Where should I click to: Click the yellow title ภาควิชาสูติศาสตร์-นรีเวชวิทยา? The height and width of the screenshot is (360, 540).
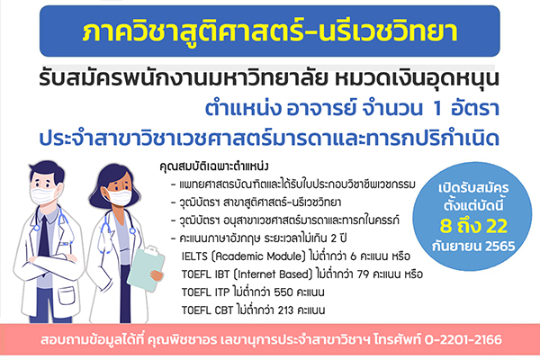click(x=270, y=31)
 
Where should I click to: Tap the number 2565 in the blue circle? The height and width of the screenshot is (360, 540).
click(x=500, y=247)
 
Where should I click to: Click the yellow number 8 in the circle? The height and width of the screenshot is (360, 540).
click(x=446, y=226)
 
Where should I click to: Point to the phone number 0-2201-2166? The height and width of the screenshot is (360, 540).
click(x=463, y=339)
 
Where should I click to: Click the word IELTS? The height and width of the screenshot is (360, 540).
click(x=194, y=256)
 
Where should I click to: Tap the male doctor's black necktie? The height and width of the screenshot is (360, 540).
click(x=44, y=238)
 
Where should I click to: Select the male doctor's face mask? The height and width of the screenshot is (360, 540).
click(x=44, y=195)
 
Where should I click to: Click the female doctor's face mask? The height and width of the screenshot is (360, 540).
click(x=118, y=197)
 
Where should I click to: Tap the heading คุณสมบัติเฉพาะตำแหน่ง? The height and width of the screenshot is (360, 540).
click(x=214, y=166)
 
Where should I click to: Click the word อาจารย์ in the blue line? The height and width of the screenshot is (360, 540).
click(x=320, y=108)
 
